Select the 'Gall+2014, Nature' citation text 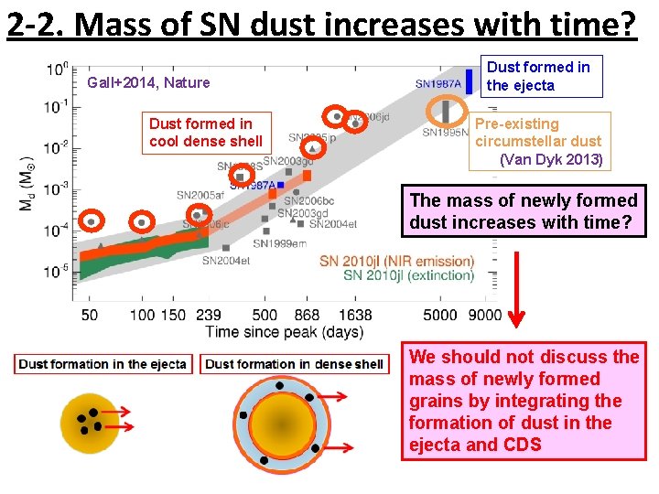pyautogui.click(x=148, y=83)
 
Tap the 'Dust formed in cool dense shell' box pyautogui.click(x=206, y=133)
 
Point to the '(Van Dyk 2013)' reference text pyautogui.click(x=551, y=159)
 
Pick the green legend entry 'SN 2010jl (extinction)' pyautogui.click(x=408, y=275)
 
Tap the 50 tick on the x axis pyautogui.click(x=90, y=316)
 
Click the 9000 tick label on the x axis pyautogui.click(x=484, y=316)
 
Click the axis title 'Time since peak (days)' pyautogui.click(x=284, y=332)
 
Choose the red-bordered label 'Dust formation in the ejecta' pyautogui.click(x=103, y=364)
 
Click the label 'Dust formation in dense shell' pyautogui.click(x=294, y=364)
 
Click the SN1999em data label pyautogui.click(x=280, y=244)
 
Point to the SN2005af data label pyautogui.click(x=200, y=195)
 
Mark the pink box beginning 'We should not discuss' pyautogui.click(x=524, y=401)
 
